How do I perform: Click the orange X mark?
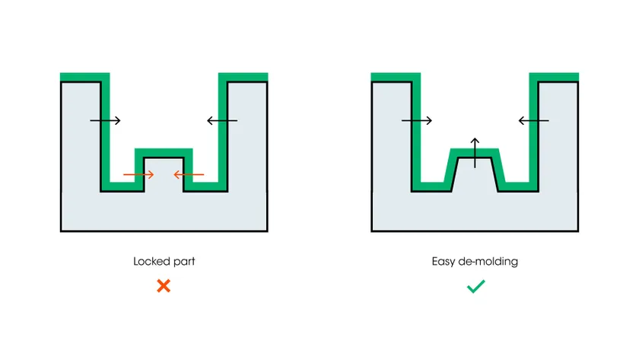[164, 286]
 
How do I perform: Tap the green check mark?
[476, 286]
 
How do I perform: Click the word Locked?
[148, 261]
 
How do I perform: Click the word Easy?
[443, 261]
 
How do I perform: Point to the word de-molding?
[488, 261]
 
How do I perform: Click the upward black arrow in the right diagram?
[475, 153]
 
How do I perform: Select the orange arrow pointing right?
[138, 174]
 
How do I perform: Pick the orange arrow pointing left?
[189, 174]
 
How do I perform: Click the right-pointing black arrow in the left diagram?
[105, 120]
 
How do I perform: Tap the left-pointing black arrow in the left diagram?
[222, 120]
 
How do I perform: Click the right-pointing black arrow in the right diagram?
[417, 120]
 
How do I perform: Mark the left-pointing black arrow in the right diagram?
[533, 120]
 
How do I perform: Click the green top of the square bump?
[164, 153]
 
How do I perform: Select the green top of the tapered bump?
[475, 153]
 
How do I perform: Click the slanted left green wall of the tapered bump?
[450, 170]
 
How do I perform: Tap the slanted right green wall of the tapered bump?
[499, 170]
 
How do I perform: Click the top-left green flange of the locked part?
[84, 78]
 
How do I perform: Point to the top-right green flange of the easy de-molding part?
[554, 78]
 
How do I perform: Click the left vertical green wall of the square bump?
[139, 170]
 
